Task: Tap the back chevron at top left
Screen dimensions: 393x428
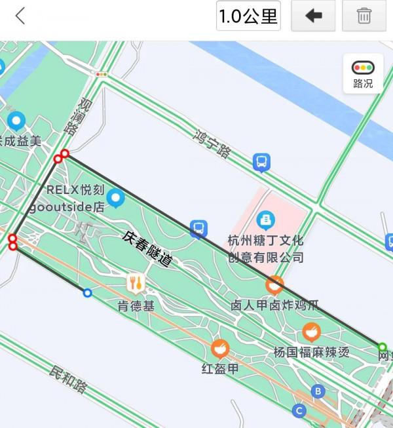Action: pos(20,16)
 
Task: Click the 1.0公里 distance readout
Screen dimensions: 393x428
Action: pos(248,16)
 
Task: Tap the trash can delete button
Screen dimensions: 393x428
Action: pos(364,16)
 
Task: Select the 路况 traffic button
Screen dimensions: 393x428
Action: pos(362,73)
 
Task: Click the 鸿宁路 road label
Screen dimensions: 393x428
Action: pos(213,144)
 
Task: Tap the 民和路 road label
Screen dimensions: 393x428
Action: pos(68,378)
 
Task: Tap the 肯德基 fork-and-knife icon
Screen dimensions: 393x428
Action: pos(136,283)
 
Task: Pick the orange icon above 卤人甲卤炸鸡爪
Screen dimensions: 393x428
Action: pos(274,285)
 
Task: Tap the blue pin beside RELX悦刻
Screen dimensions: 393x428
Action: pos(117,197)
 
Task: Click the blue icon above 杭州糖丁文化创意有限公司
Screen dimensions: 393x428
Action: pos(265,218)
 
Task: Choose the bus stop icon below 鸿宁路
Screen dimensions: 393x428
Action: pos(261,161)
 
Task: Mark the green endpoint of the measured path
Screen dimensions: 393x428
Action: pos(382,347)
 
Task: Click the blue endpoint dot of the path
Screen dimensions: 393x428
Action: pos(87,293)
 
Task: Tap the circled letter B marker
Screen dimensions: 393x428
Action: pos(318,391)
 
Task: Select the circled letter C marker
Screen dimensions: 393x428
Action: pos(299,411)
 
